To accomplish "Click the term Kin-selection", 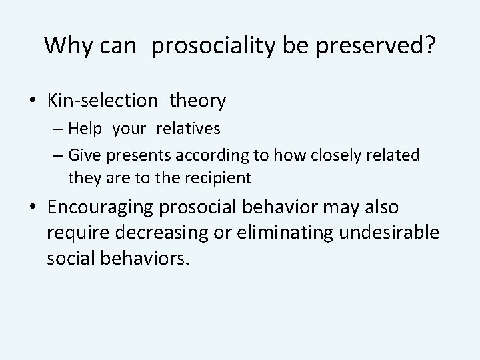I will tap(103, 101).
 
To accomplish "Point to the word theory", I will tap(198, 101).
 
